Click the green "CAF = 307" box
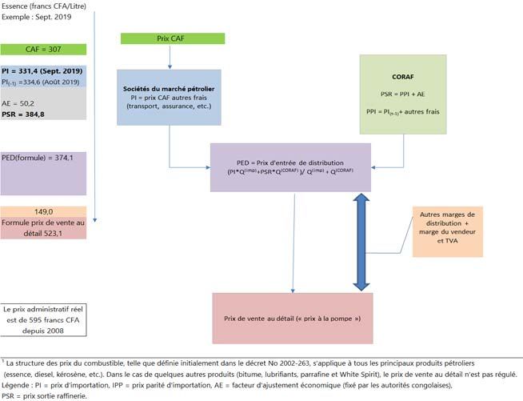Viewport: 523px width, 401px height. tap(42, 50)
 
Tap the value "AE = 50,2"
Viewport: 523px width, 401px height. tap(20, 102)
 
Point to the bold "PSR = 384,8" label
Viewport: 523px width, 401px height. tap(24, 114)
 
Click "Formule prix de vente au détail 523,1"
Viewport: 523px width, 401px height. tap(43, 227)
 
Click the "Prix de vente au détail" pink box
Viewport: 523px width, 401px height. tap(293, 319)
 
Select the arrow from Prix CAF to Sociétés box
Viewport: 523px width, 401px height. tap(170, 58)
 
